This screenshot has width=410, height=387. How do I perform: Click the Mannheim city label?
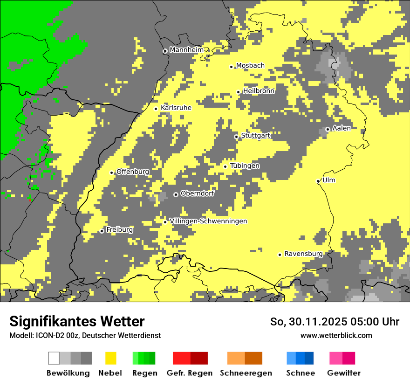pyautogui.click(x=186, y=50)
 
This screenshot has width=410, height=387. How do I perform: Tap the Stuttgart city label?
pyautogui.click(x=256, y=136)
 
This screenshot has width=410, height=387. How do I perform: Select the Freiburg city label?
pyautogui.click(x=119, y=230)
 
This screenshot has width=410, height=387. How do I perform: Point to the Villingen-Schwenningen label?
pyautogui.click(x=208, y=221)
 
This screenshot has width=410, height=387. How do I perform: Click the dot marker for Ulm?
pyautogui.click(x=318, y=181)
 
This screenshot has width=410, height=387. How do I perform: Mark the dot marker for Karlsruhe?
pyautogui.click(x=156, y=109)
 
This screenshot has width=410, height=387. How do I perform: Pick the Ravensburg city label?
pyautogui.click(x=303, y=254)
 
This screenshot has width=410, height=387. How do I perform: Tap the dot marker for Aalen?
pyautogui.click(x=328, y=129)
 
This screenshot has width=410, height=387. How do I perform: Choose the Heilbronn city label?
pyautogui.click(x=259, y=91)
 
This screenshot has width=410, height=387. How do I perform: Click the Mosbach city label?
pyautogui.click(x=250, y=66)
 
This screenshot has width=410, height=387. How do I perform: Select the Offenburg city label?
pyautogui.click(x=133, y=172)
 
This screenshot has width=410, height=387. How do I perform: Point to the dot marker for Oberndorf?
pyautogui.click(x=176, y=194)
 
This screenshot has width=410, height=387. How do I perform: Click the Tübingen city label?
pyautogui.click(x=245, y=166)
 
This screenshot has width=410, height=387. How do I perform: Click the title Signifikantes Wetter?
pyautogui.click(x=77, y=321)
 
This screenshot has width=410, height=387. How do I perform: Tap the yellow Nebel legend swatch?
pyautogui.click(x=110, y=358)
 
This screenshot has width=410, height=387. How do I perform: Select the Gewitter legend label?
pyautogui.click(x=343, y=373)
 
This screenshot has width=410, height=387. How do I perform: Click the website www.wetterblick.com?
pyautogui.click(x=336, y=335)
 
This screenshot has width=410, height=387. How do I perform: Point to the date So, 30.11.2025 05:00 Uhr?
pyautogui.click(x=335, y=322)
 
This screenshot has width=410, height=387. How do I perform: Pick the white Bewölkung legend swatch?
pyautogui.click(x=54, y=358)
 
